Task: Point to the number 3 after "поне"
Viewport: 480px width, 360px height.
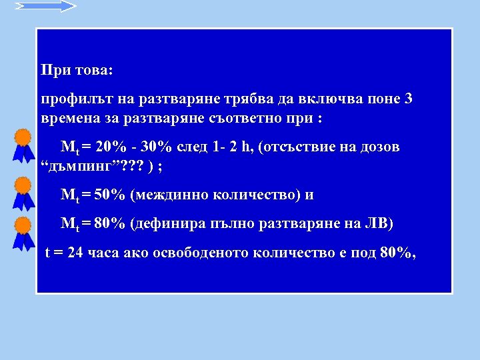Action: [x=409, y=100]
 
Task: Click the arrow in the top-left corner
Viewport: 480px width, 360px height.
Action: [x=45, y=6]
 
